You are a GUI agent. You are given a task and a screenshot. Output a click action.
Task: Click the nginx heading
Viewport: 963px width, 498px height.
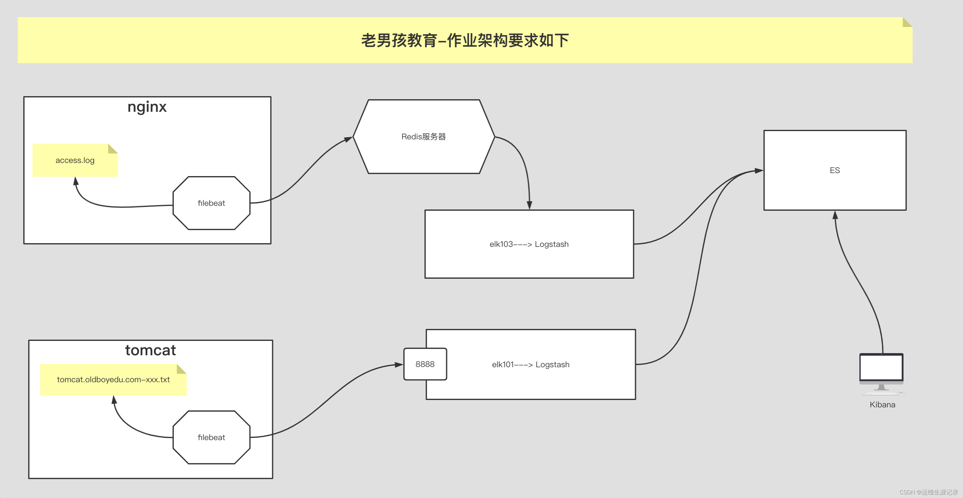147,107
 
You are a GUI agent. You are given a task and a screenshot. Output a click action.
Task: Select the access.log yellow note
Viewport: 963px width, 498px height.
75,160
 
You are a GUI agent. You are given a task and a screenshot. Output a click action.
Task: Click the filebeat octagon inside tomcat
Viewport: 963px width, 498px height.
211,437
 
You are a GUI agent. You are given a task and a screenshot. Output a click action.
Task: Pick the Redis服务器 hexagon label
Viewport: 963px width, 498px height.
423,137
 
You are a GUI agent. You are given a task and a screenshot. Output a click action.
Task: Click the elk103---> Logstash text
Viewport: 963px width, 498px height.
529,244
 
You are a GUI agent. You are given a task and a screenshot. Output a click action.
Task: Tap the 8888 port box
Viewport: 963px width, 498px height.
425,364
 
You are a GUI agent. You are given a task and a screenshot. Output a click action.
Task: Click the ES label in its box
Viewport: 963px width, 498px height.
834,170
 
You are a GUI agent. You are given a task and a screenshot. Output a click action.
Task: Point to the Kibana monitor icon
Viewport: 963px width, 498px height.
881,372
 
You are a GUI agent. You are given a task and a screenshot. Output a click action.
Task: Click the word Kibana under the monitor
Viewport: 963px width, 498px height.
882,405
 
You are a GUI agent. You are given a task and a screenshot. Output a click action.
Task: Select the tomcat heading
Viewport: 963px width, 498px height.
150,350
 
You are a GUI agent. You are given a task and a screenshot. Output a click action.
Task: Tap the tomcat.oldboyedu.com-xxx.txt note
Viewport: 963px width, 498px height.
113,379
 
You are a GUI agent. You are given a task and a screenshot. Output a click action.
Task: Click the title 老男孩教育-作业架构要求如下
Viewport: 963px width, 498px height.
465,40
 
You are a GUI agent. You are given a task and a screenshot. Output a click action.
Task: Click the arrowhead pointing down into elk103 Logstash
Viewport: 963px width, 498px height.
529,205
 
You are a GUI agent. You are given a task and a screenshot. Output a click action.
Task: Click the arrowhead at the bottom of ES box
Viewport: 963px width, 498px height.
835,215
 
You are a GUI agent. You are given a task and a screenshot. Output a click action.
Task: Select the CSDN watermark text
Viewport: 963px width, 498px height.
929,492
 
